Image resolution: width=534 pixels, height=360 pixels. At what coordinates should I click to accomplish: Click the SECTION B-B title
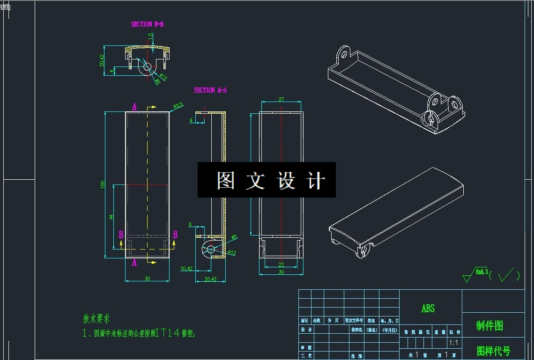point(147,24)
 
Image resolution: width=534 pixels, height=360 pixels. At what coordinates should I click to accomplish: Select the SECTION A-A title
point(210,90)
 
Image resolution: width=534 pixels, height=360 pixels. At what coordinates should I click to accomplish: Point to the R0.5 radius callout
point(178,106)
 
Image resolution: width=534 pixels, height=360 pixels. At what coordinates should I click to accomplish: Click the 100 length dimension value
point(103,184)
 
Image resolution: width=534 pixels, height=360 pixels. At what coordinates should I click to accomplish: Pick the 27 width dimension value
point(281,99)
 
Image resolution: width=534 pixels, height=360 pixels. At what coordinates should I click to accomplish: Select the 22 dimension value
point(281,265)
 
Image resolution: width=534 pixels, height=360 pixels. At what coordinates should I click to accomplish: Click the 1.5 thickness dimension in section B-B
point(151,36)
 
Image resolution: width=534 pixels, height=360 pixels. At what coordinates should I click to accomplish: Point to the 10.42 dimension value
point(186,268)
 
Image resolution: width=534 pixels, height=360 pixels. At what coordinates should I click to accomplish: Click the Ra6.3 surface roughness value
point(482,271)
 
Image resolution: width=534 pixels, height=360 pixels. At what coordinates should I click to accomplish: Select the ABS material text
point(428,309)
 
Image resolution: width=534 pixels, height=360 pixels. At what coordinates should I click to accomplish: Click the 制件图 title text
point(489,326)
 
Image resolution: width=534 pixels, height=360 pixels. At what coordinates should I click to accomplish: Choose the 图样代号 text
point(493,351)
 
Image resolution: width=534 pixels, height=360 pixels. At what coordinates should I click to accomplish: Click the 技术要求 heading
point(96,319)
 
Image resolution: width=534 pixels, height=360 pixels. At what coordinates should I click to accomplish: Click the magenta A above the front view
point(134,107)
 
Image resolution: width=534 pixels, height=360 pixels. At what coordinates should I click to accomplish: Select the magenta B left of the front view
point(121,235)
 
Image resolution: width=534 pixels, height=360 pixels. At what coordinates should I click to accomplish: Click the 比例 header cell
point(454,332)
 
